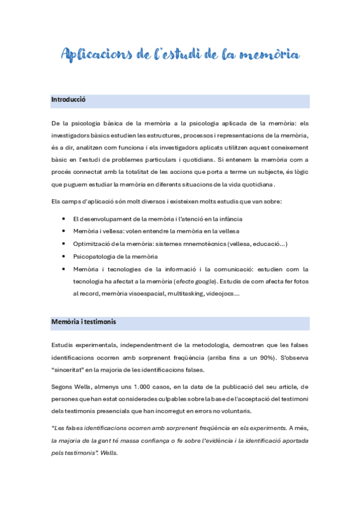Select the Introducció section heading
69,99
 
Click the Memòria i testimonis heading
84,322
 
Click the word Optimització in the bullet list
91,244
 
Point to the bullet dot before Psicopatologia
64,256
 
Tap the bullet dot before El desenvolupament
64,218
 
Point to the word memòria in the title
268,55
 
